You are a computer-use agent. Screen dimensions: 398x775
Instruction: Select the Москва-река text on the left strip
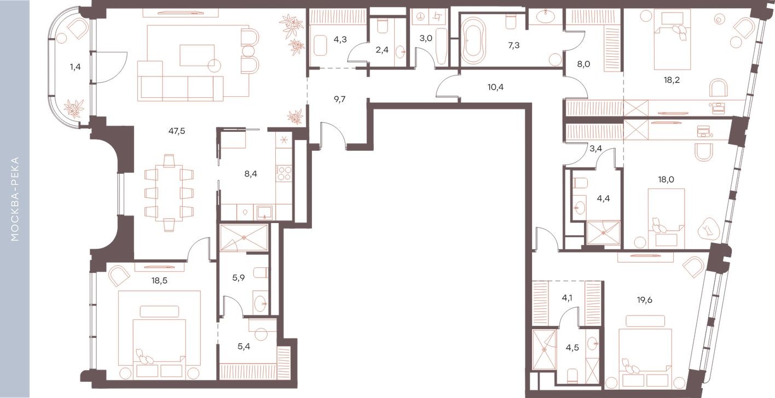(15, 199)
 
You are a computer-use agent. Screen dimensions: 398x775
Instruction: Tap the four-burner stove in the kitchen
(285, 173)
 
